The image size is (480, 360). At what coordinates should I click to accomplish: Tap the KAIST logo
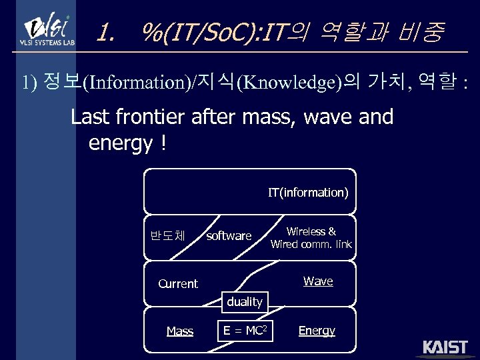(445, 348)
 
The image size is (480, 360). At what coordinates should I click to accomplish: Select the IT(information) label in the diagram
(308, 193)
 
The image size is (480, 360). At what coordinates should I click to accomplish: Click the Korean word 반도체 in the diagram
(168, 235)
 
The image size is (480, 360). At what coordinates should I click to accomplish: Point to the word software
(229, 236)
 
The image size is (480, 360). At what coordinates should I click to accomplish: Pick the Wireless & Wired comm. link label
(311, 238)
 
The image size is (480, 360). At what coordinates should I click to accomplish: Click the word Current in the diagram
(178, 284)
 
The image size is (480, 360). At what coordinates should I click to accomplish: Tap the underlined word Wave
(318, 281)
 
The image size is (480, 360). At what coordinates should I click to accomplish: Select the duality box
(245, 302)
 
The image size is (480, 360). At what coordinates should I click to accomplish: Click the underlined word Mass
(180, 331)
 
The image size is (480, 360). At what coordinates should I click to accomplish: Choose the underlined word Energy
(317, 331)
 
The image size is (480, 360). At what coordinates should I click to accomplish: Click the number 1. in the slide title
(105, 31)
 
